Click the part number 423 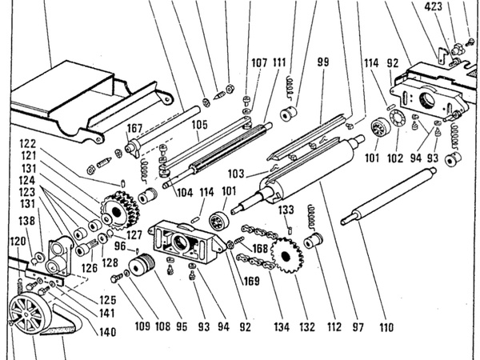click(x=433, y=6)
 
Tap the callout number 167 click(x=134, y=128)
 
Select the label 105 click(x=199, y=125)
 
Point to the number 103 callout click(x=236, y=174)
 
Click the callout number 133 click(x=286, y=210)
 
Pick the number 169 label click(x=251, y=281)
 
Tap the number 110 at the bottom click(x=386, y=327)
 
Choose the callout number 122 click(x=28, y=143)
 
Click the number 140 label click(x=108, y=332)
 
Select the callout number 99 click(x=323, y=62)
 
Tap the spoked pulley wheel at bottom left click(x=26, y=313)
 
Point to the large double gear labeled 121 click(x=119, y=210)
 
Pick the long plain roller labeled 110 click(x=389, y=196)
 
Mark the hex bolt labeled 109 click(x=116, y=278)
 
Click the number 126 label click(x=90, y=268)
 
